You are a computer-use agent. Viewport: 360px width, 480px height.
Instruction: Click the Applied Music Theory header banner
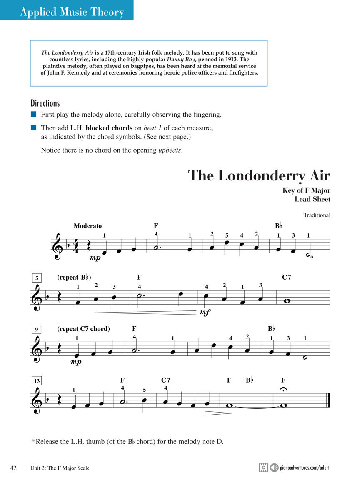coord(72,12)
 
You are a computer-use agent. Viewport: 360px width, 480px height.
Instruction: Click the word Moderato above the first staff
coord(87,226)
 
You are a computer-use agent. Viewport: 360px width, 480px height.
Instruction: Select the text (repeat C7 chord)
coord(83,329)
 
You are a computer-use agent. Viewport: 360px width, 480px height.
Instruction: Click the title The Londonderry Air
coord(259,175)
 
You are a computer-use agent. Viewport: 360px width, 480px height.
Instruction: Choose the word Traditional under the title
coord(317,215)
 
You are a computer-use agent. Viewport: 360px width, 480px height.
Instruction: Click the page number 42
coord(13,468)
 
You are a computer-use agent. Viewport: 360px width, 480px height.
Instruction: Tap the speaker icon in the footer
coord(274,467)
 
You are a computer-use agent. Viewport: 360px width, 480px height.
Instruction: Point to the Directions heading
coord(45,103)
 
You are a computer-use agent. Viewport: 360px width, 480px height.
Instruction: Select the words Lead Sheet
coord(312,199)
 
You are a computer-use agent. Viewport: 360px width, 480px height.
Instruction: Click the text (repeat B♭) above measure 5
coord(74,277)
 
